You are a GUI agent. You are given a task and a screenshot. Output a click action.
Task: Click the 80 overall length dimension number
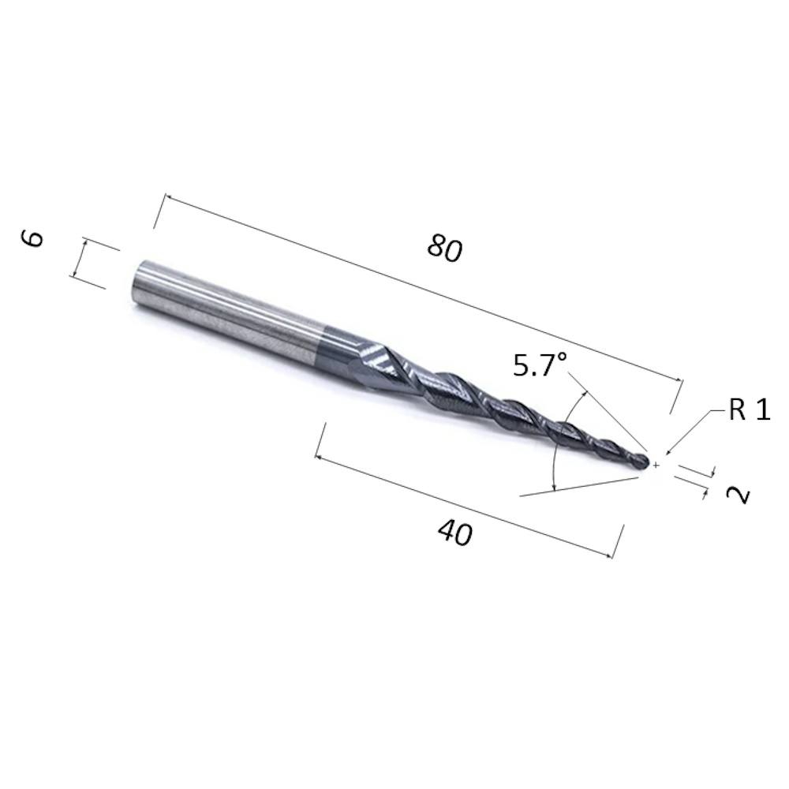[443, 249]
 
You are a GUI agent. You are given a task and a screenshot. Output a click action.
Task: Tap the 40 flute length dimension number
[455, 533]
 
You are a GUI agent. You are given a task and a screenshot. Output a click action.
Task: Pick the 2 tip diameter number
[739, 495]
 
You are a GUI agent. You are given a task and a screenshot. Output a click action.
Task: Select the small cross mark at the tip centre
[656, 466]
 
